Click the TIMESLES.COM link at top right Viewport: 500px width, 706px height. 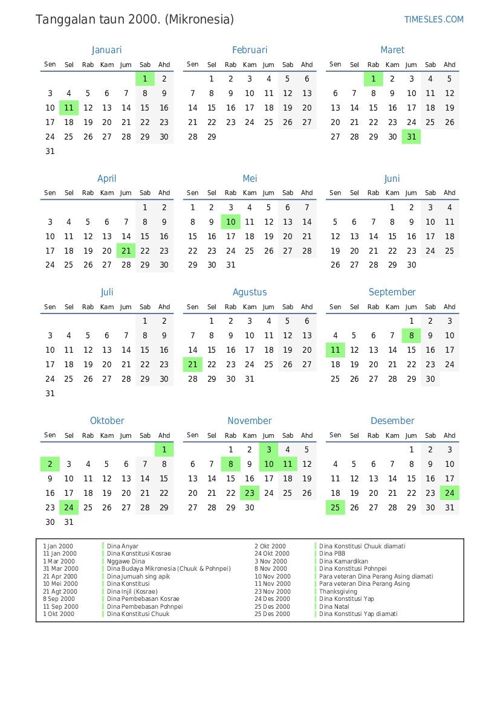(x=433, y=19)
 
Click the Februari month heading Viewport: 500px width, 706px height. (x=249, y=50)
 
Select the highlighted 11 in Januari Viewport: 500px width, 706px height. (x=69, y=108)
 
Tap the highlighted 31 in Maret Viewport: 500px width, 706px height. (x=411, y=137)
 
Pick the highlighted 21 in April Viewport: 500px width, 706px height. (x=126, y=251)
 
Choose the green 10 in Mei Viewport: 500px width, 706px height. (x=230, y=222)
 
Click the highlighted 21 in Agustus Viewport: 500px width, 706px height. (x=192, y=364)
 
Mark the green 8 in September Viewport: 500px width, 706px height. (x=411, y=336)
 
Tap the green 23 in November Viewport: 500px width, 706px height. (x=249, y=493)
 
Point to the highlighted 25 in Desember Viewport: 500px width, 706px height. (x=335, y=507)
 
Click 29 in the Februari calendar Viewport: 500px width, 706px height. (x=212, y=137)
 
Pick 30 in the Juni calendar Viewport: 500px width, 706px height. (x=411, y=265)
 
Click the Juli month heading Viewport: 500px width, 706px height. (x=107, y=292)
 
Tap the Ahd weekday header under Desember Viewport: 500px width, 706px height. (x=449, y=435)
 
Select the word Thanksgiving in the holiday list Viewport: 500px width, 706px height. (x=338, y=591)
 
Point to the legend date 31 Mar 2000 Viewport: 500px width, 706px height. (x=60, y=569)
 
